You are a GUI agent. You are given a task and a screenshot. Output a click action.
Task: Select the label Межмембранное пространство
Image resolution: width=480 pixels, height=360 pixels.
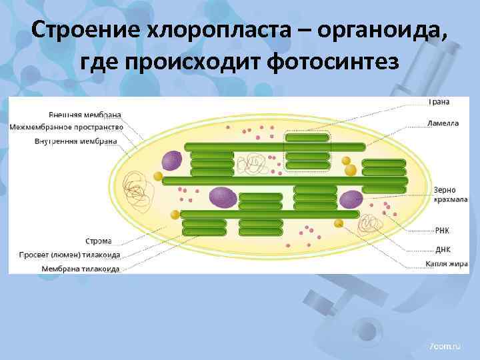point(67,127)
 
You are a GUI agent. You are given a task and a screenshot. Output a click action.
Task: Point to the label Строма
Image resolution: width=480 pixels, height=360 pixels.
point(99,241)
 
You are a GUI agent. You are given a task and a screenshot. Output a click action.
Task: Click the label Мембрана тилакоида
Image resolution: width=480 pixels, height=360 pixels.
point(81,269)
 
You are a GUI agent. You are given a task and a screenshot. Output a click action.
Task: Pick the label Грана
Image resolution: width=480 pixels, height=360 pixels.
point(439,102)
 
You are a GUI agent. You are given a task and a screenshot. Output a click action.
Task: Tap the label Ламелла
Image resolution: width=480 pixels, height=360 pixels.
point(443,123)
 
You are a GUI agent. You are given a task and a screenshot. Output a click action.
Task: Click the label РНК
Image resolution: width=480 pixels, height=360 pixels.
point(442,231)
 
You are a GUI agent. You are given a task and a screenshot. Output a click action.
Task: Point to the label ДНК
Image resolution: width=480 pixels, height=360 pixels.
point(442,249)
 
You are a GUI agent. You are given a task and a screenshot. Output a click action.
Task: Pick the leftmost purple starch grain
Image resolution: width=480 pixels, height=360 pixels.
point(172,161)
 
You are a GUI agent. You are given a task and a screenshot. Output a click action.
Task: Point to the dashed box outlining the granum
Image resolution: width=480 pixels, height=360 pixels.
point(307,154)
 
